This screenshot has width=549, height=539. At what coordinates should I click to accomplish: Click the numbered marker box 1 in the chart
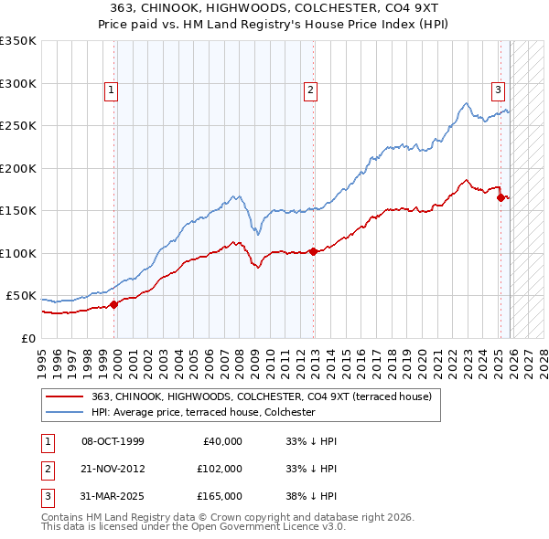click(x=110, y=90)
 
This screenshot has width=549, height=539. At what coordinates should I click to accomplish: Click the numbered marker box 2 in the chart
click(x=311, y=90)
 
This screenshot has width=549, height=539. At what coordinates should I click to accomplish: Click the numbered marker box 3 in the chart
click(x=498, y=90)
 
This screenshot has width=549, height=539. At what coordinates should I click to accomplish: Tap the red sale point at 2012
click(x=313, y=251)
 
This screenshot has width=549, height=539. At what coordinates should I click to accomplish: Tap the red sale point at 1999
click(x=114, y=304)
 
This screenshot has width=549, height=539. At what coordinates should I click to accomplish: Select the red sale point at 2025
click(x=501, y=197)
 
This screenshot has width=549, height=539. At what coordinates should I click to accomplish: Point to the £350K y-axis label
click(x=18, y=41)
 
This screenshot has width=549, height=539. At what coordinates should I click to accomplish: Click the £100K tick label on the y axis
click(x=18, y=253)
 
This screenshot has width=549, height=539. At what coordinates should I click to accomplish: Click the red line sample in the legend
click(x=65, y=396)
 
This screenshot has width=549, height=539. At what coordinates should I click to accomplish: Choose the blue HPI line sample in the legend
click(x=65, y=412)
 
